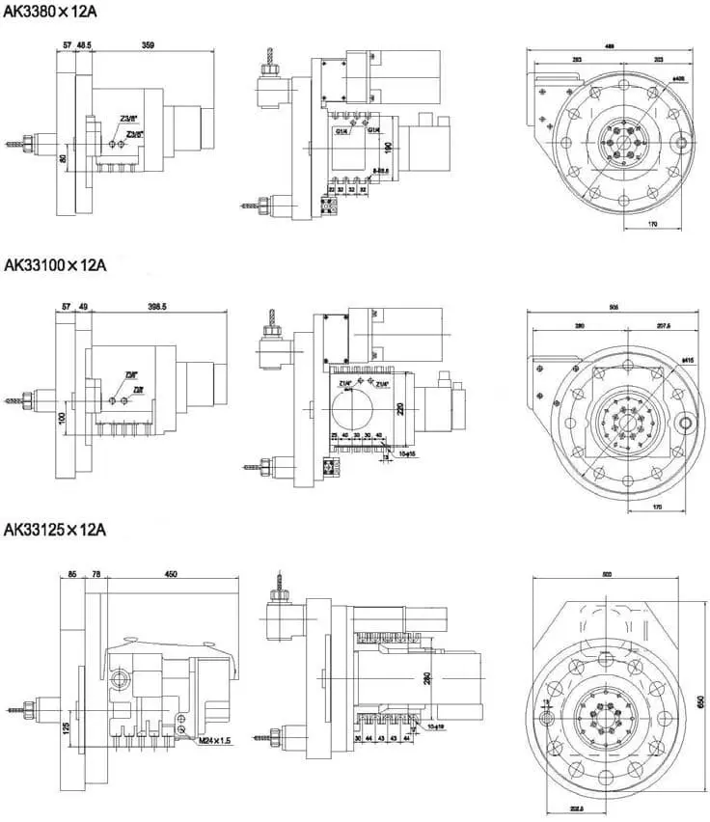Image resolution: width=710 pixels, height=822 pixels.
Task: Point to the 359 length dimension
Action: point(149,44)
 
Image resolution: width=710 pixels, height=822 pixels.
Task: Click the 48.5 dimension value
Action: point(84,44)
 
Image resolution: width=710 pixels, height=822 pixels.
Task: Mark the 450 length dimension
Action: point(171,574)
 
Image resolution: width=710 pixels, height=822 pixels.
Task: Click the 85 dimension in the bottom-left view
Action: point(72,574)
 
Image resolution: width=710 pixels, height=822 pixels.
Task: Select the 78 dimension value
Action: point(96,574)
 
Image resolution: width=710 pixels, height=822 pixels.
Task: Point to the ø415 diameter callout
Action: point(687,361)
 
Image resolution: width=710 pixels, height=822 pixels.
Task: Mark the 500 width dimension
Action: point(606,575)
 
